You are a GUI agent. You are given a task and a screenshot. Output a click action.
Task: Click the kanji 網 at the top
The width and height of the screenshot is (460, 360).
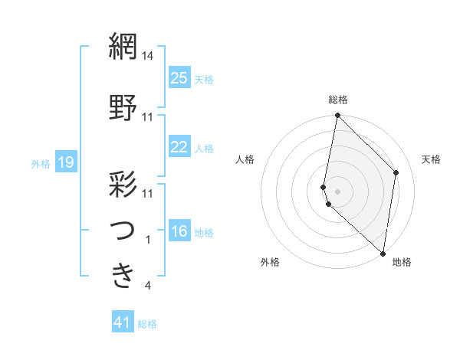123,47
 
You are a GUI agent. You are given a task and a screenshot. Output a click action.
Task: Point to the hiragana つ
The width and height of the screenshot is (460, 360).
123,229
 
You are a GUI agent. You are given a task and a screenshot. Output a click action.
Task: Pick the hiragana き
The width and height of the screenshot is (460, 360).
123,273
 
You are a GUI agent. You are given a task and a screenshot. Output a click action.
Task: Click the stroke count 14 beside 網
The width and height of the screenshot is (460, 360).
149,56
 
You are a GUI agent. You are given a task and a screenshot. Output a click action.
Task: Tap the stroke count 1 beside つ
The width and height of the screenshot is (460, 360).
148,239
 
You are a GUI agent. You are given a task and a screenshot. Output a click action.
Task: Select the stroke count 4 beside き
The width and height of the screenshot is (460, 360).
148,286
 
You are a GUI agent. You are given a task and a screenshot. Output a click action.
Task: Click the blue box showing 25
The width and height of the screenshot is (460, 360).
179,78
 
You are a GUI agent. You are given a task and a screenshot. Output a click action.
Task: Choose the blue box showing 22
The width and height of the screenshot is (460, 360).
179,147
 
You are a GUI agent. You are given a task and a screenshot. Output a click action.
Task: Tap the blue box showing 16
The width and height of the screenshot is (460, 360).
179,232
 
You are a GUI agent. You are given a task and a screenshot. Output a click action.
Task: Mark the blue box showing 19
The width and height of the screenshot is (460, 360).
66,162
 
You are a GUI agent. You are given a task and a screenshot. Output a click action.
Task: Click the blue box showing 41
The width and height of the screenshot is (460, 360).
123,322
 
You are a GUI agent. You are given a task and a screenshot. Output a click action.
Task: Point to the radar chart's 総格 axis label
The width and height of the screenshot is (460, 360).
338,100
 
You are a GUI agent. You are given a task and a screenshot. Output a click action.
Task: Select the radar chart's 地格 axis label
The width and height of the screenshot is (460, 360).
402,263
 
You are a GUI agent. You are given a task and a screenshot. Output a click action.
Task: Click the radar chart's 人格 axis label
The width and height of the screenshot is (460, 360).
245,159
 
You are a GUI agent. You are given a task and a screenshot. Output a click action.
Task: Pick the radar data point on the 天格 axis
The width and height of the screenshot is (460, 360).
396,172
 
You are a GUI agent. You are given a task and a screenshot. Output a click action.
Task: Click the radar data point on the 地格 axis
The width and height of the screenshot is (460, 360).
383,254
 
